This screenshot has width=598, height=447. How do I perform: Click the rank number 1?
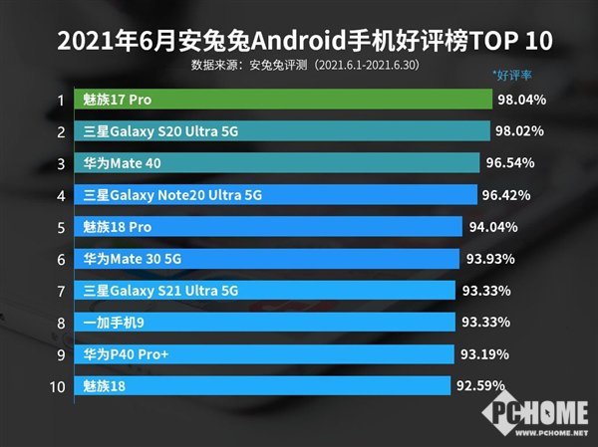[61, 100]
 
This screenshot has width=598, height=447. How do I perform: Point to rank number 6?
[61, 259]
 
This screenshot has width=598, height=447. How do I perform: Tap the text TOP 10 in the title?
[499, 41]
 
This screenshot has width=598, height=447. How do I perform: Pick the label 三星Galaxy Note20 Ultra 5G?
[173, 195]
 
